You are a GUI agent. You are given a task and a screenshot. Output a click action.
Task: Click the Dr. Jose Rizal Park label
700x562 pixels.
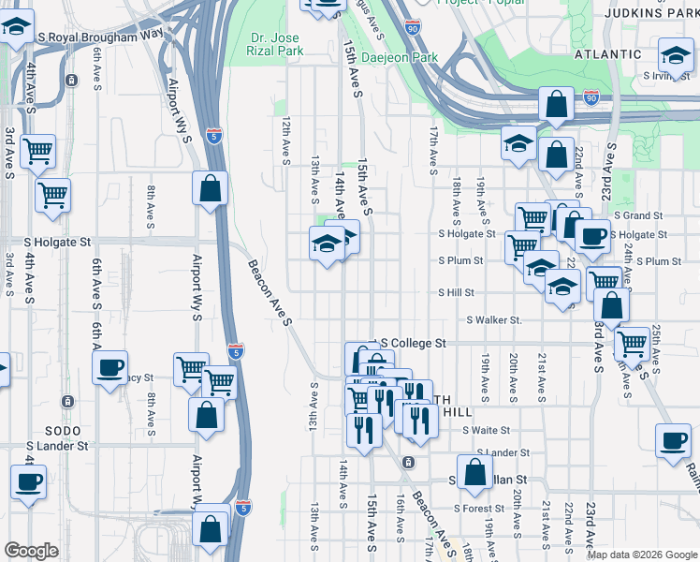click(278, 44)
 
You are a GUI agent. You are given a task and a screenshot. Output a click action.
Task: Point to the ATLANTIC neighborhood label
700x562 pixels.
click(608, 54)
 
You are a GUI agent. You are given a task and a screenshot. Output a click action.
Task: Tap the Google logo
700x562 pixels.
click(31, 551)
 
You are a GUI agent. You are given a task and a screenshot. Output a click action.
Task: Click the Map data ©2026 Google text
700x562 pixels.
click(642, 555)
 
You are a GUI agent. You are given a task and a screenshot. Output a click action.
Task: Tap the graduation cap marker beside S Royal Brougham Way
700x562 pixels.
click(16, 29)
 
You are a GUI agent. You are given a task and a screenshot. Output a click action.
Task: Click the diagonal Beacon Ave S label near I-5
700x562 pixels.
click(271, 293)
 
